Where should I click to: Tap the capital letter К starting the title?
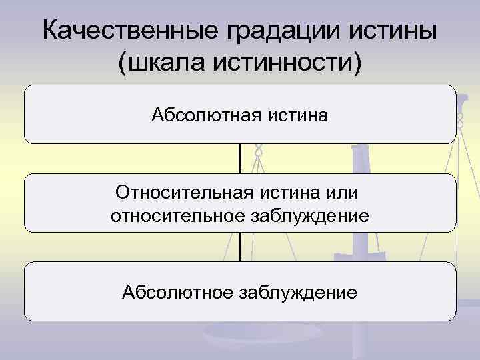[50, 31]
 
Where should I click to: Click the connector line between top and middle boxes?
[240, 159]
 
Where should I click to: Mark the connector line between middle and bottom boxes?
[240, 247]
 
